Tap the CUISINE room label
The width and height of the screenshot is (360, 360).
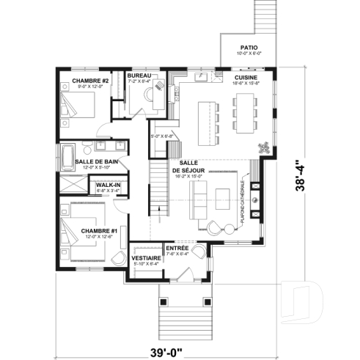pos(246,77)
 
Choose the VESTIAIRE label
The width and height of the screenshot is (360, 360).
pos(146,258)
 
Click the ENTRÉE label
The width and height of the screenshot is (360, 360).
pos(177,249)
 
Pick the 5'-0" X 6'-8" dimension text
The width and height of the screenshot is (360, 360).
pos(161,136)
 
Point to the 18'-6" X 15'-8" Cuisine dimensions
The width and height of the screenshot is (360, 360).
pos(246,84)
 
